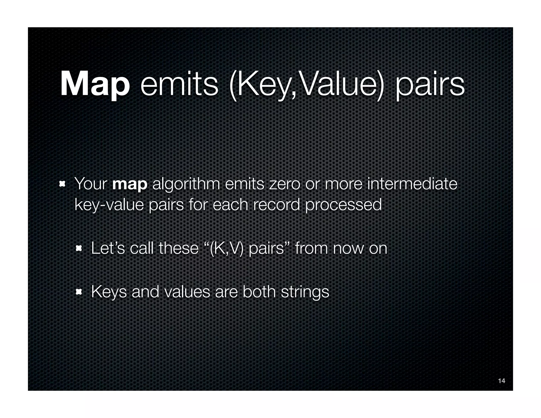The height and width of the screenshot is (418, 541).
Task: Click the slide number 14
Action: (501, 381)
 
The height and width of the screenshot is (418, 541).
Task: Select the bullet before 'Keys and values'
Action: (79, 292)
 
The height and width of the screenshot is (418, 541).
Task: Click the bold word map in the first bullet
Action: (129, 184)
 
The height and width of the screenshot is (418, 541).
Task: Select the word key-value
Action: (109, 205)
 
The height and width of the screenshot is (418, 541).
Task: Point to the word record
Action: (276, 205)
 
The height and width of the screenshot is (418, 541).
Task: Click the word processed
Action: (343, 205)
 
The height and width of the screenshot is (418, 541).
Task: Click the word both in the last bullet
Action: (259, 291)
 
